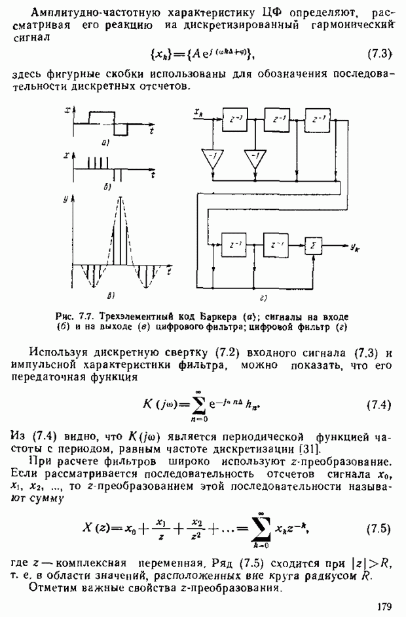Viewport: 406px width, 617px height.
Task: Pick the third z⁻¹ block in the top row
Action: point(320,119)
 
